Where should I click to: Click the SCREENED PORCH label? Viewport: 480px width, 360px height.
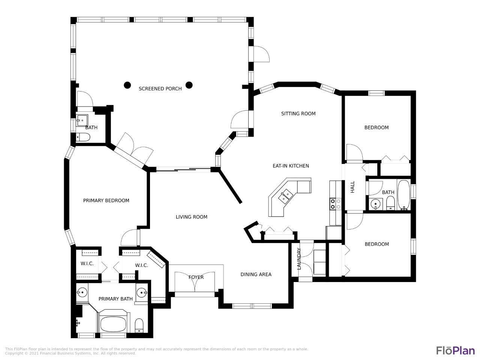(160, 89)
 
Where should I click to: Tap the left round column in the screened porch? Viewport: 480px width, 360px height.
(127, 85)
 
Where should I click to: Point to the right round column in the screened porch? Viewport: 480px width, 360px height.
(189, 85)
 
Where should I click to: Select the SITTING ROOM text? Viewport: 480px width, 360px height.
(298, 114)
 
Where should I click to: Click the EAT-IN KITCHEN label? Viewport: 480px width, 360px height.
(291, 166)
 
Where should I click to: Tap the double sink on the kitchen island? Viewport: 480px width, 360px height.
(285, 196)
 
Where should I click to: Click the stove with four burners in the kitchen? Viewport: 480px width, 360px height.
(336, 204)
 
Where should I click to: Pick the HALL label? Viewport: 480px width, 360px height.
(352, 187)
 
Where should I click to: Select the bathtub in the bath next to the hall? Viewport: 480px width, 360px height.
(403, 195)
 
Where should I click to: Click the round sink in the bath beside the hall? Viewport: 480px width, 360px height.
(375, 204)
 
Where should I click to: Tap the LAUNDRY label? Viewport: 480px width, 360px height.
(299, 259)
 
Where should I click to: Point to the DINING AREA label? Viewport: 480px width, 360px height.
(256, 274)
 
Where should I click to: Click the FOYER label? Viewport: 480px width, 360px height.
(196, 277)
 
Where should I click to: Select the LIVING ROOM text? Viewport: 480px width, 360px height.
(191, 217)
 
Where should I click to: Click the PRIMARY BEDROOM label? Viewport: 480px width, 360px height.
(106, 201)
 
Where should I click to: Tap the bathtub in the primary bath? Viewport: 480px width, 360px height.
(113, 324)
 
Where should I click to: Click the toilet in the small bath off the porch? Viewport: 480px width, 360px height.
(83, 138)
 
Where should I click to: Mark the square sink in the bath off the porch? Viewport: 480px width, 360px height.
(82, 120)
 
